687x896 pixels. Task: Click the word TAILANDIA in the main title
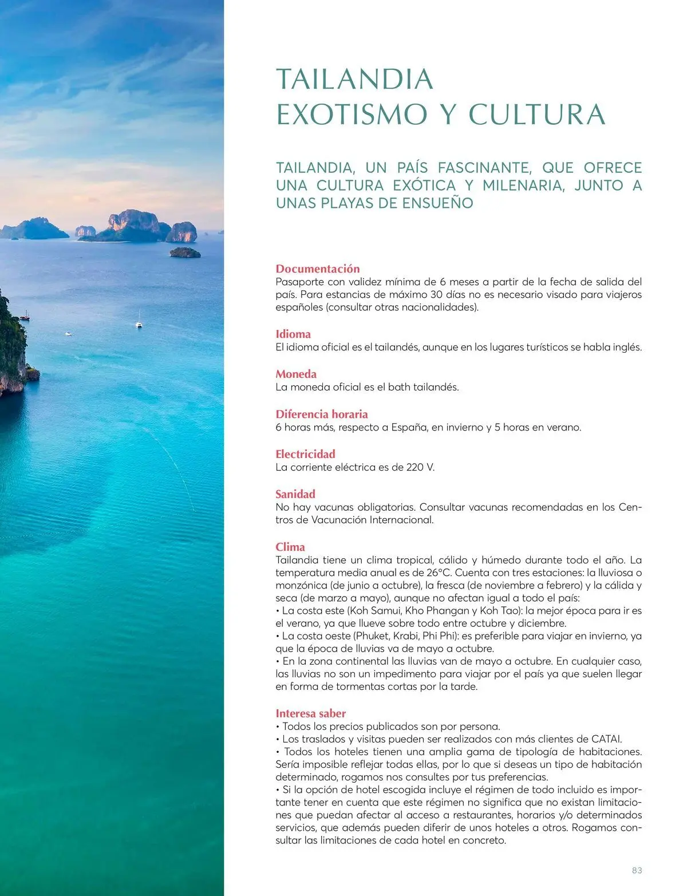(x=354, y=79)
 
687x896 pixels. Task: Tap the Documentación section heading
(x=318, y=269)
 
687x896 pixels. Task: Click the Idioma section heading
(x=293, y=334)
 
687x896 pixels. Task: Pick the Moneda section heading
(x=296, y=374)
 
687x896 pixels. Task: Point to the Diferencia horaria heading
(x=322, y=414)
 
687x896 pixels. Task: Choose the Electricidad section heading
(x=305, y=454)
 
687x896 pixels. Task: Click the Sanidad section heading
(x=295, y=494)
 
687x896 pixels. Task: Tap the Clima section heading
(x=290, y=547)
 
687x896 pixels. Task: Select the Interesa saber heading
(x=311, y=713)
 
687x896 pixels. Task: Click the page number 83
(x=637, y=870)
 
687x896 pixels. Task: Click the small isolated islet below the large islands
(x=185, y=252)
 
